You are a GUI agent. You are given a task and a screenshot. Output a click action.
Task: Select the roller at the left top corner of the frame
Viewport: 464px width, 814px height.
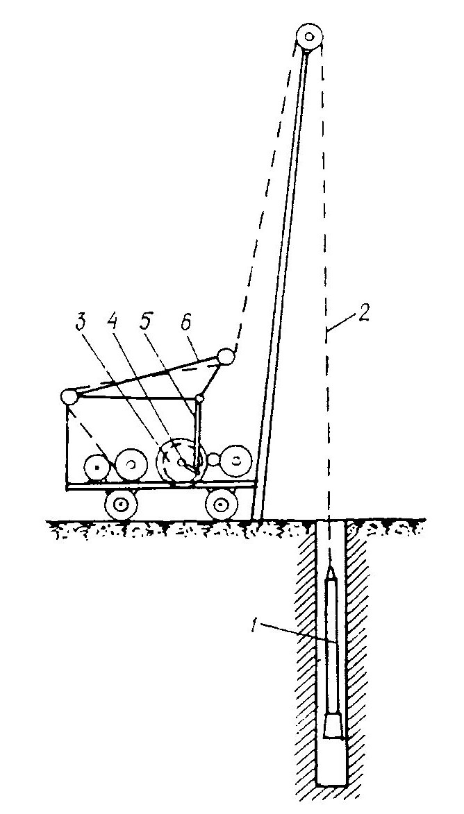click(69, 397)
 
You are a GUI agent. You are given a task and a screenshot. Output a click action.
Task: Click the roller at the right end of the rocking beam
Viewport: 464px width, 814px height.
click(225, 357)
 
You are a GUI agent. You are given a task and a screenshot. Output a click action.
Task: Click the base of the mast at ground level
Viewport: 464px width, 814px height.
click(256, 517)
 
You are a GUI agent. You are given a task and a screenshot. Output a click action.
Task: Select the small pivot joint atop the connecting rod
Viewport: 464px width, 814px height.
click(199, 399)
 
